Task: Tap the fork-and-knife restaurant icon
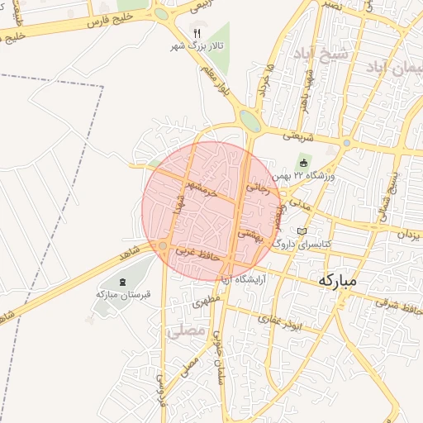(x=196, y=33)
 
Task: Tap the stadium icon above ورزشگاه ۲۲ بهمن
(x=303, y=162)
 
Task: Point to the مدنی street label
(x=295, y=203)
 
